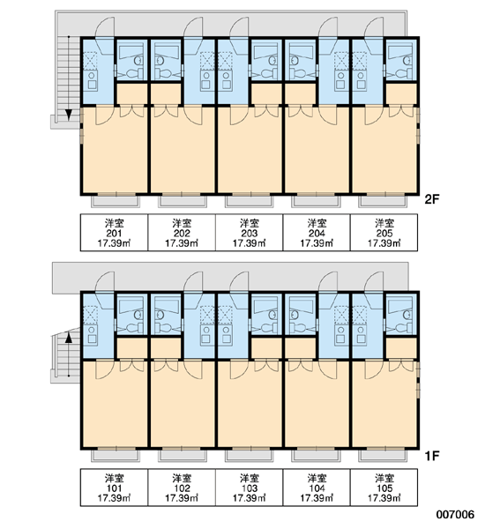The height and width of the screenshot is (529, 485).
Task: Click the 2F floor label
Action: point(431,200)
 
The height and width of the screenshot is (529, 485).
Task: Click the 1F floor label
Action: point(432,456)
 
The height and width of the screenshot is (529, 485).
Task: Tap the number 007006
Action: point(455,515)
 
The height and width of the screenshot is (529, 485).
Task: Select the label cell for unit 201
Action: point(114,233)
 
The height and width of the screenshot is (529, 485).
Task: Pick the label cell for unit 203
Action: point(249,233)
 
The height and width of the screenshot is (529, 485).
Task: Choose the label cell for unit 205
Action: point(384,233)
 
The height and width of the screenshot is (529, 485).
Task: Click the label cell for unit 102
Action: point(182,488)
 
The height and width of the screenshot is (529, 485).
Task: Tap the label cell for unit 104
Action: point(317,488)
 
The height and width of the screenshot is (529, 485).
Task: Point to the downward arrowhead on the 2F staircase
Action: point(69,115)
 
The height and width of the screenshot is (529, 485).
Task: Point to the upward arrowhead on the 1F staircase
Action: point(69,338)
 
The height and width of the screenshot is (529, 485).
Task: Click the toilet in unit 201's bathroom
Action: point(134,73)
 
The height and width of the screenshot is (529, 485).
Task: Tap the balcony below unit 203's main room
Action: point(249,201)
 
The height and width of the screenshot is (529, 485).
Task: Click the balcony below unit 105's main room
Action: point(383,456)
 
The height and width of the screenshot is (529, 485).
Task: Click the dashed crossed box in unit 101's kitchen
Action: point(90,315)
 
